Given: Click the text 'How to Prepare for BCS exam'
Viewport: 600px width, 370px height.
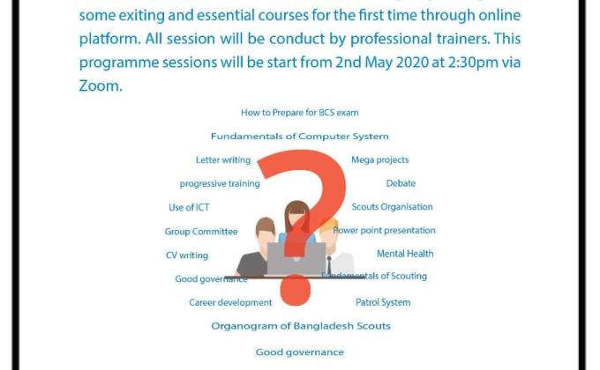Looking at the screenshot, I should coord(299,113).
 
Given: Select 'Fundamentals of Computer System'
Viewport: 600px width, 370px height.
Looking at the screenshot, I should coord(299,137).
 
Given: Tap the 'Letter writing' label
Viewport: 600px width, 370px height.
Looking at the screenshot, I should coord(223,160).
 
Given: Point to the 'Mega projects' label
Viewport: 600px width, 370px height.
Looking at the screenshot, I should coord(379,160).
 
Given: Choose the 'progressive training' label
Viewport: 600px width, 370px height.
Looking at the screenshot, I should coord(220,184).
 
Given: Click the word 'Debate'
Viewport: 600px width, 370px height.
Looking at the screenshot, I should coord(401,184).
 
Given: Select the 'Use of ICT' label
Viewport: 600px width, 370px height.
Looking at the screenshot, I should coord(189,208).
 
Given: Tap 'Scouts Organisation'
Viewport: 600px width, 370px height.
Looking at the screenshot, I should coord(392,207).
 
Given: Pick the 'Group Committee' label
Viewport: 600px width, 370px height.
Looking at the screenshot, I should coord(201,232).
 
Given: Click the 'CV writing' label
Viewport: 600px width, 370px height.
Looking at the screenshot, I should coord(187,255).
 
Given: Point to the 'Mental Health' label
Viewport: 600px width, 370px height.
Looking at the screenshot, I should coord(405,254).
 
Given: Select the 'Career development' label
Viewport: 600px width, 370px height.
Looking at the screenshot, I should coord(230,303).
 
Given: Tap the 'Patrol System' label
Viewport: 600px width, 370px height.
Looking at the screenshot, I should coord(383,303).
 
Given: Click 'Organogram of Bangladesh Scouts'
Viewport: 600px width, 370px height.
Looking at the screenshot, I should coord(300,326).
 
